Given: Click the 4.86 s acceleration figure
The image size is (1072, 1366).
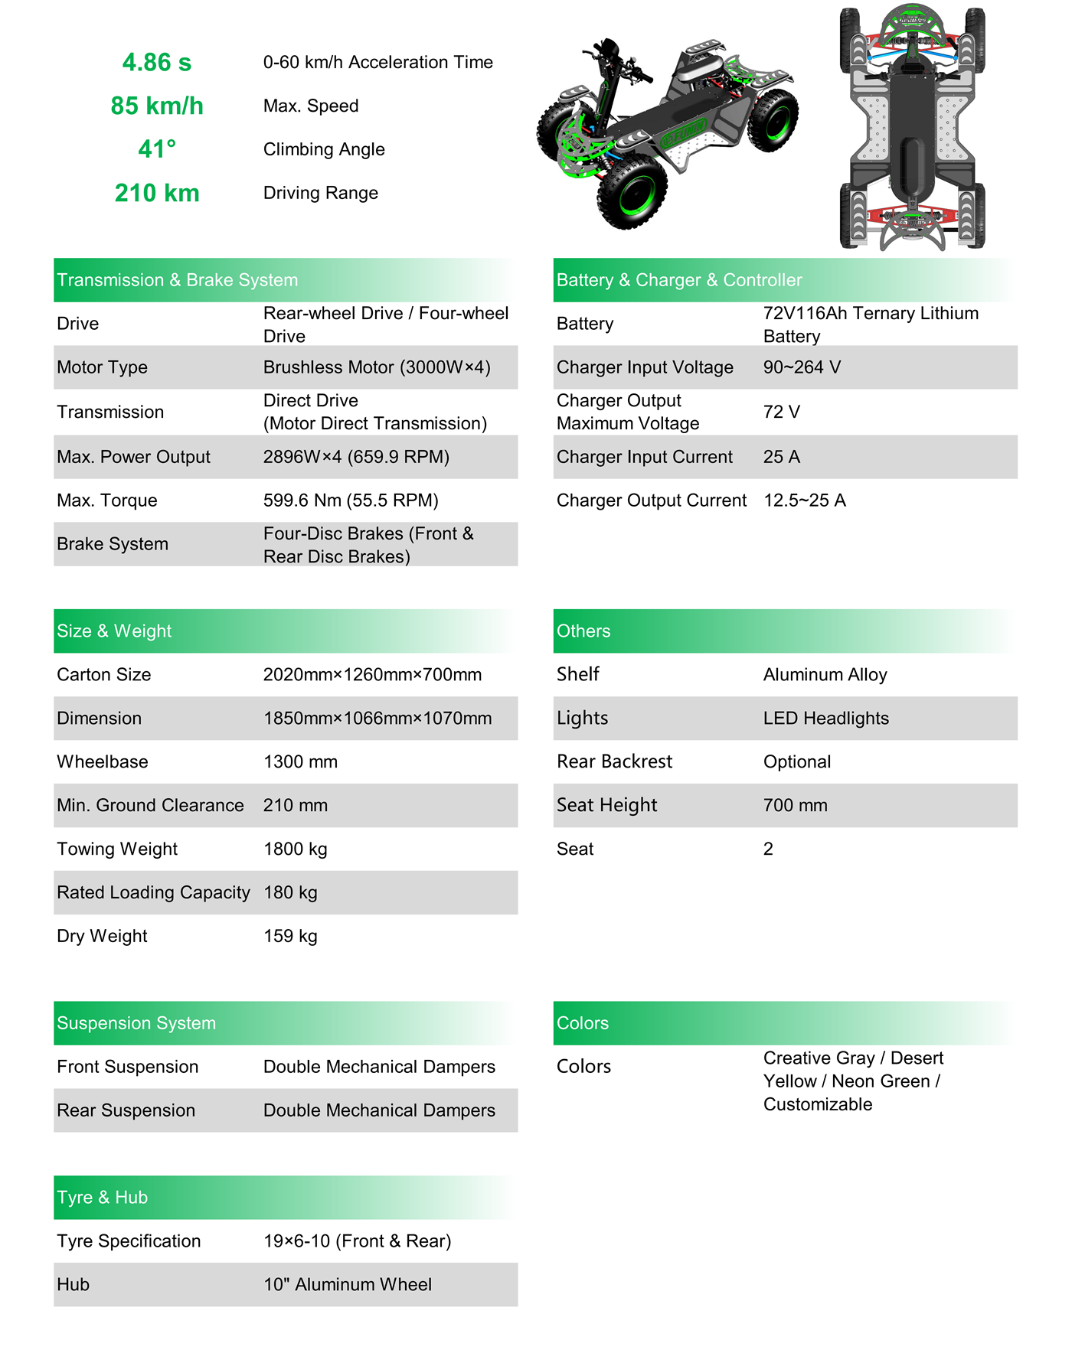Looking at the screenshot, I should click(157, 63).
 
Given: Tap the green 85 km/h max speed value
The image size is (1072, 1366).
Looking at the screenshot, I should click(157, 106).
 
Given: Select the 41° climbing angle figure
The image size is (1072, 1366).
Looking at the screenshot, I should click(157, 149).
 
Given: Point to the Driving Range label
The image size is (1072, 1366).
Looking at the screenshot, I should click(320, 193).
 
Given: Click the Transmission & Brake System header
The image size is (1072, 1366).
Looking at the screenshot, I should click(178, 280).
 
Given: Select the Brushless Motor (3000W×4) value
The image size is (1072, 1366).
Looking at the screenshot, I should click(377, 367).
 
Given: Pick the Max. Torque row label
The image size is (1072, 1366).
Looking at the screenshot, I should click(107, 500).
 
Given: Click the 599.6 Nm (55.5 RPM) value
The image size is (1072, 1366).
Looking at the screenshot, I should click(351, 500).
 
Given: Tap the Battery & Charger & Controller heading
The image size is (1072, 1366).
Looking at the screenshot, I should click(679, 280).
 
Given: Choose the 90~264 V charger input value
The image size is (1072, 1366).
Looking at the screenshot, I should click(802, 367).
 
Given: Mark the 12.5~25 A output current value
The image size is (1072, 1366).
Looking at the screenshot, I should click(804, 500).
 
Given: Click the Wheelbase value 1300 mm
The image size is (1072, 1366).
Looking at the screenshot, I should click(300, 762).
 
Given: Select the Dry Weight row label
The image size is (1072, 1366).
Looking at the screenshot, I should click(102, 937).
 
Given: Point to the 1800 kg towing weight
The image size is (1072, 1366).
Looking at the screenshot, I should click(295, 849).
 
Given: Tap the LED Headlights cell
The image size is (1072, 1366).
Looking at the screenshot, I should click(825, 719).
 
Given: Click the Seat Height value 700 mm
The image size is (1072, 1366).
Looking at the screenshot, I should click(795, 806).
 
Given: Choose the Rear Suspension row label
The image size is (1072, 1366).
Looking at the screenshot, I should click(126, 1111).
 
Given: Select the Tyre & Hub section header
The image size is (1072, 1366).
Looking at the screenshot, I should click(102, 1198).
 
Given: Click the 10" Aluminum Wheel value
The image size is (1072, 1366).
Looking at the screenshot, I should click(348, 1286).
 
